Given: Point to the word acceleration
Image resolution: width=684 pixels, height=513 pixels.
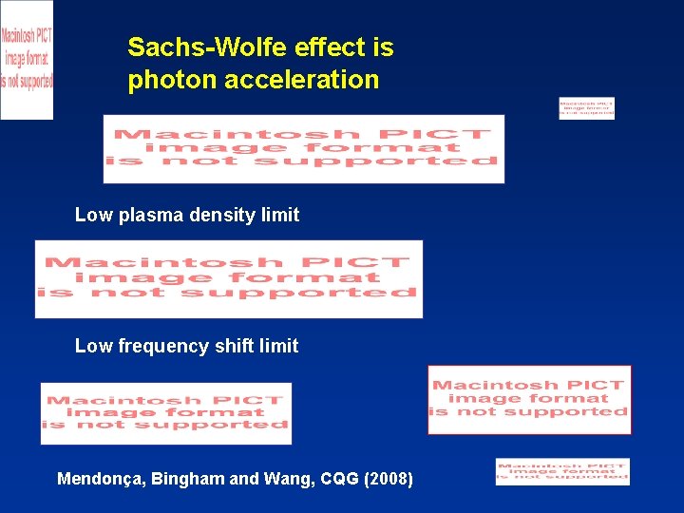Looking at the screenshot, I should pos(301,80).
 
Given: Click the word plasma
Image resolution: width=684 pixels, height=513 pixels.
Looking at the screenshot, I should pos(152,216).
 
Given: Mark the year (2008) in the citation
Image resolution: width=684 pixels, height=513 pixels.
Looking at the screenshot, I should pos(388,479).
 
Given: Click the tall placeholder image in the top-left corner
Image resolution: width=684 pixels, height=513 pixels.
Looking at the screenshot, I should pos(27,59).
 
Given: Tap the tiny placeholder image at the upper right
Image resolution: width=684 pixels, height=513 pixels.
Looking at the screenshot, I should pos(586,108).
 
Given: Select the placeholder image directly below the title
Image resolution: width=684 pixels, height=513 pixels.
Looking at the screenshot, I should pos(304,149).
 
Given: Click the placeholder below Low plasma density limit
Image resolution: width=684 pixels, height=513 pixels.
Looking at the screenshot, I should pos(229,279).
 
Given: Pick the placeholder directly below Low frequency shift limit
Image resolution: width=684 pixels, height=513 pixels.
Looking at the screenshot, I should pos(166,413).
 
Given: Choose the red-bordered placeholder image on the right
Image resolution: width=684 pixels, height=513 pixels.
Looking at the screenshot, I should pos(529,400).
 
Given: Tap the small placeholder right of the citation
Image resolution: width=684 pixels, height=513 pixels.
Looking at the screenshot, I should pos(562,471).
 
